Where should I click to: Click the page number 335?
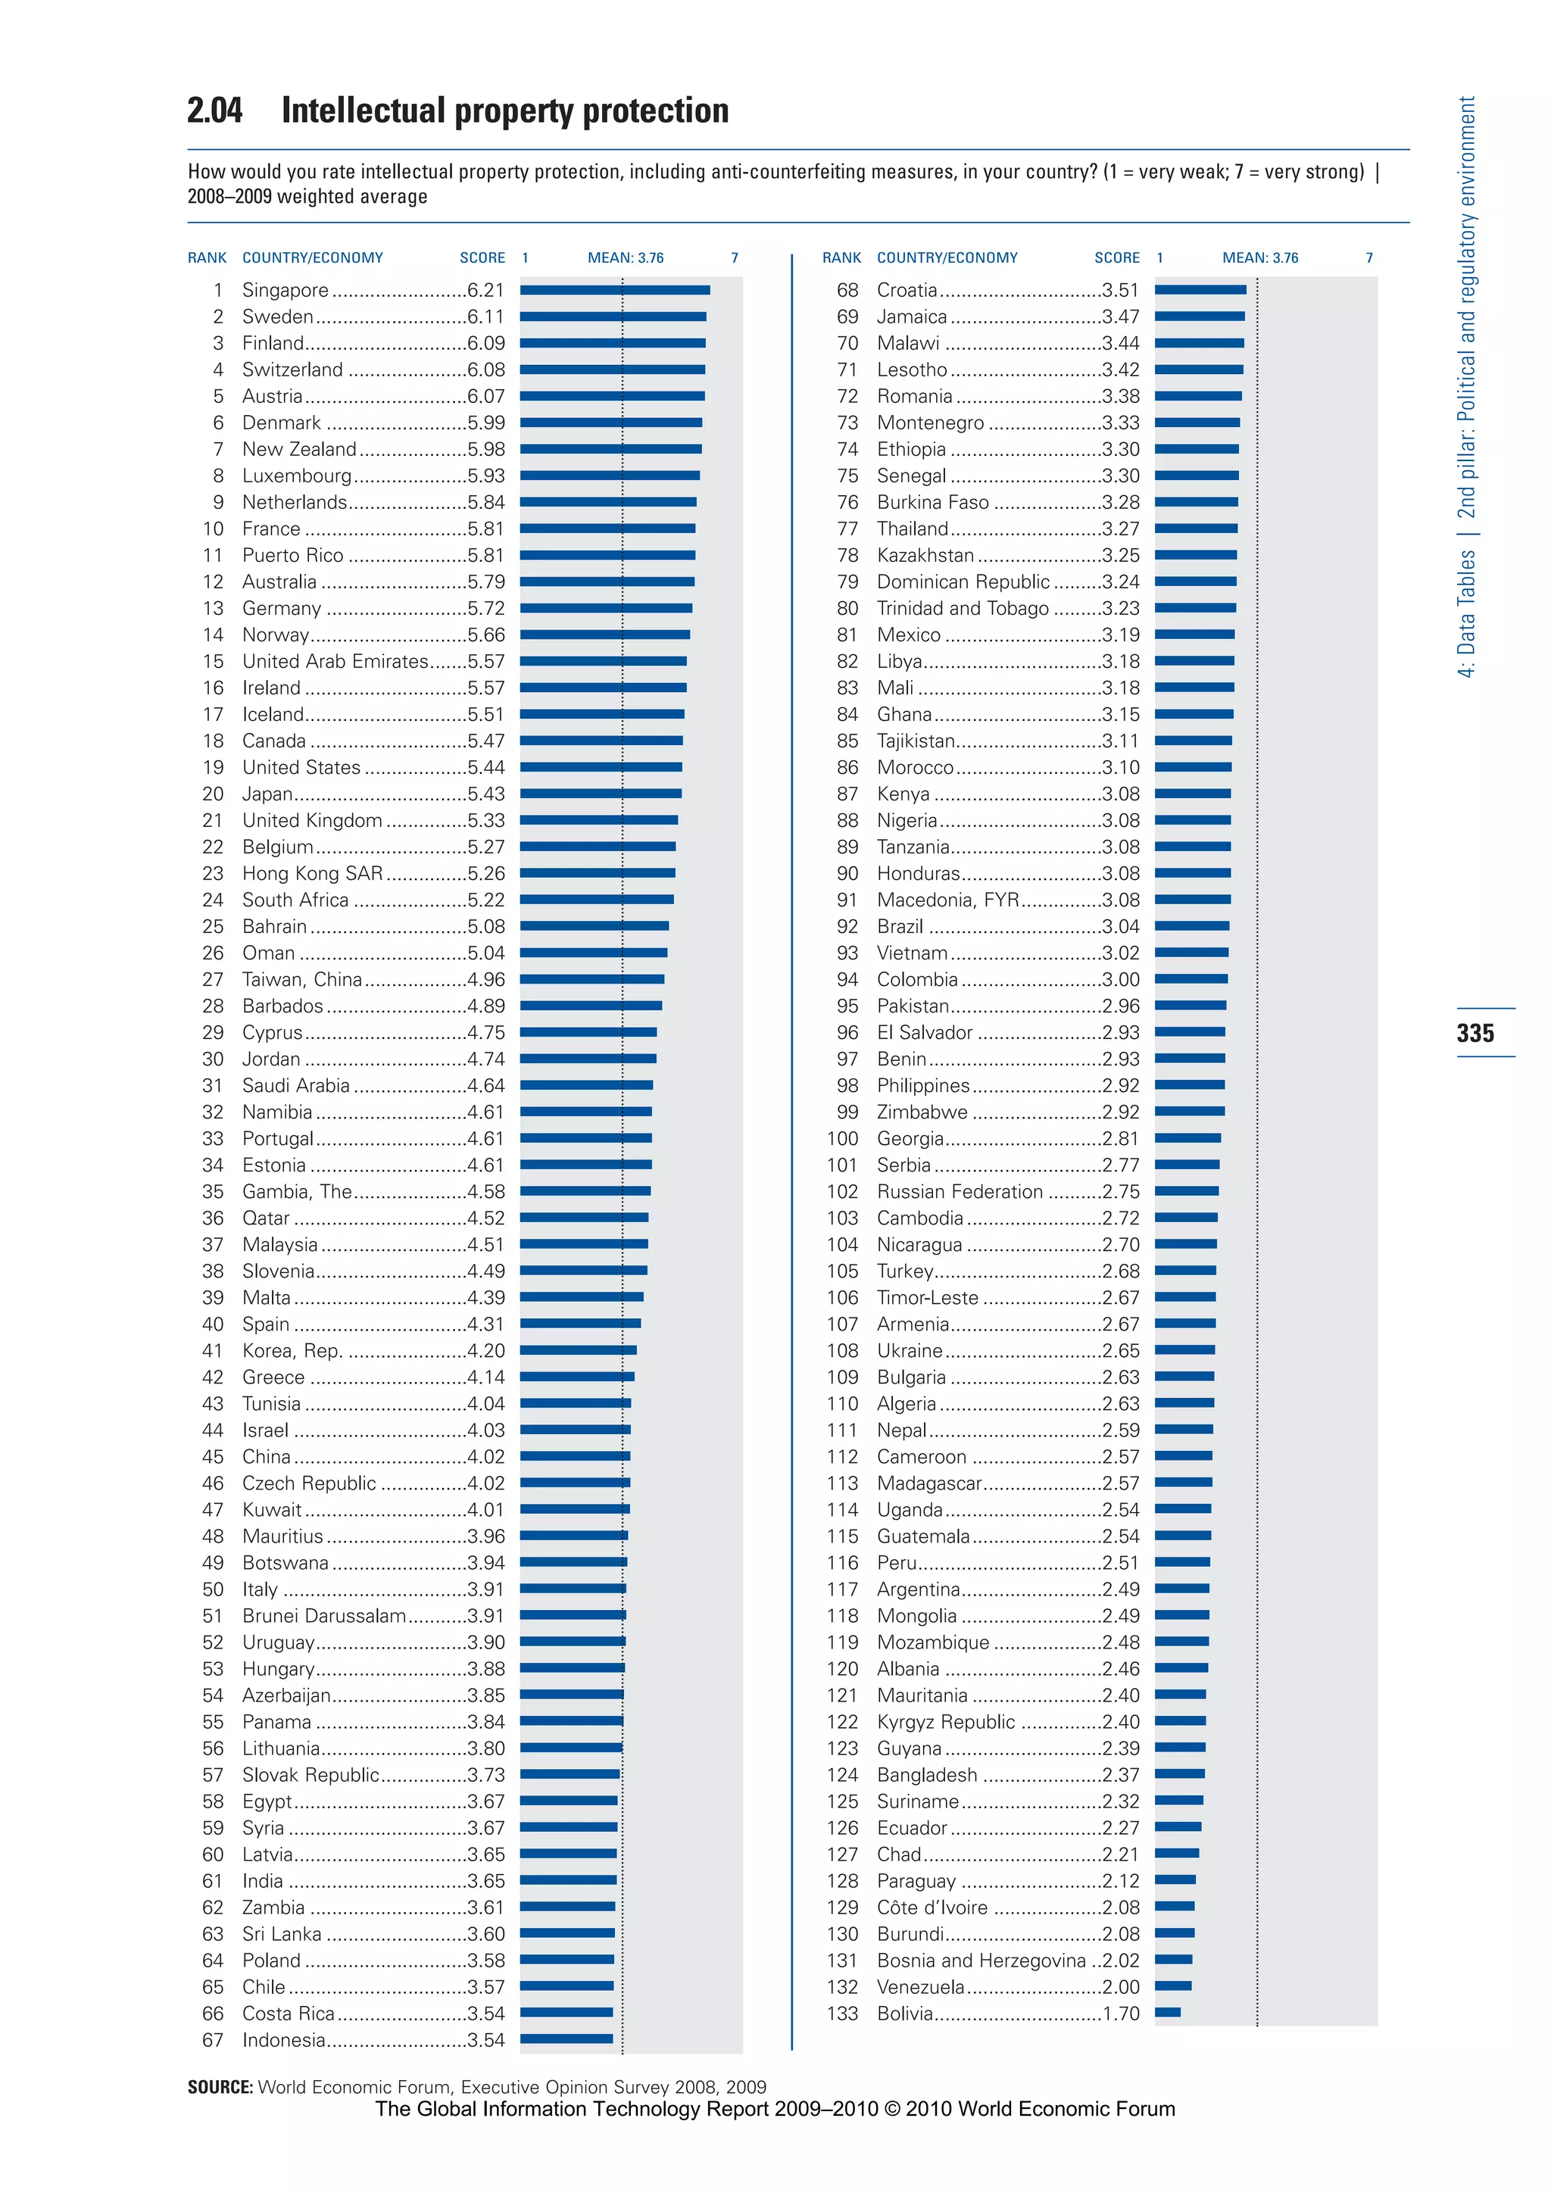(1475, 1032)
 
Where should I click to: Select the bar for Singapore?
(614, 289)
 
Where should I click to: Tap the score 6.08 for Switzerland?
(486, 370)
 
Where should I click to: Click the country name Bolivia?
(904, 2014)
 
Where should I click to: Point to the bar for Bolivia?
(1167, 2013)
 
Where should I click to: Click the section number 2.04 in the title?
(215, 111)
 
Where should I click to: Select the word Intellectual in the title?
(363, 111)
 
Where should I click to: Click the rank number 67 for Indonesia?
(212, 2040)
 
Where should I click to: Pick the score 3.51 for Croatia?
(1120, 290)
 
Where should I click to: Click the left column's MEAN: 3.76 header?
(625, 258)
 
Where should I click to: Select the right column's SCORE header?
(1116, 258)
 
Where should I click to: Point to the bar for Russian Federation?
(1186, 1191)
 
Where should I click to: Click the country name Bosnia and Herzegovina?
(981, 1960)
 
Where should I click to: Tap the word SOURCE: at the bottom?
(220, 2087)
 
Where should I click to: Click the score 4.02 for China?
(486, 1457)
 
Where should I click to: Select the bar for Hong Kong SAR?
(597, 873)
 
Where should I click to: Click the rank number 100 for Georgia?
(842, 1138)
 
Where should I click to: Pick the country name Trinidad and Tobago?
(962, 608)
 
